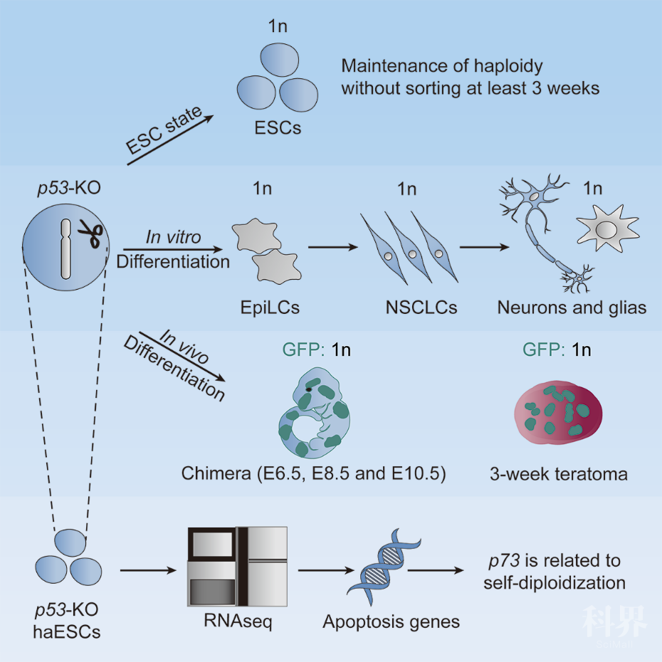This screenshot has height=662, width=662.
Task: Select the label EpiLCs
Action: [x=270, y=308]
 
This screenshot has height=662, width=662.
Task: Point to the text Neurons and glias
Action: [x=572, y=308]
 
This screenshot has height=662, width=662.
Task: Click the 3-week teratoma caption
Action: [x=559, y=474]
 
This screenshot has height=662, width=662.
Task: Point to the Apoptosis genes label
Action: [x=391, y=621]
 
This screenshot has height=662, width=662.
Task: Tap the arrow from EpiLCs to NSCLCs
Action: [x=332, y=248]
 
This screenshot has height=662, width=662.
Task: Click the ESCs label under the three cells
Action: [x=277, y=129]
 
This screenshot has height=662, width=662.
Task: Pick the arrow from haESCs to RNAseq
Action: [x=146, y=569]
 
